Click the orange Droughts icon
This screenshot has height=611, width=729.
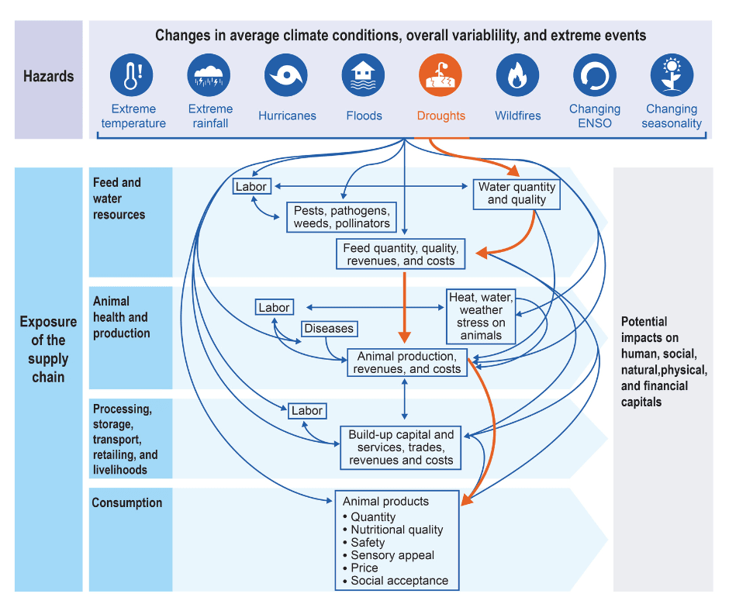coord(441,75)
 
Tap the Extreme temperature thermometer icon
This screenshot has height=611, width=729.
coord(132,75)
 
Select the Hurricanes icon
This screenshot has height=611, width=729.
coord(286,75)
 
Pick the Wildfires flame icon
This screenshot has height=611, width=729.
coord(517,75)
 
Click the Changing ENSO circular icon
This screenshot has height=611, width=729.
coord(595,75)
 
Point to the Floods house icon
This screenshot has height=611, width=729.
coord(364,75)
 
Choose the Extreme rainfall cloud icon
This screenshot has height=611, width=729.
coord(209,75)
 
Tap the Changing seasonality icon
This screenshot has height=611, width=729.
coord(672,75)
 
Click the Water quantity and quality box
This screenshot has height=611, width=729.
coord(517,194)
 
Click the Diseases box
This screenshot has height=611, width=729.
coord(329,329)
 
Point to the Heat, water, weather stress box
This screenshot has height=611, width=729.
coord(481,316)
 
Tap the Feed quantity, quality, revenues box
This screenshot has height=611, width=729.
coord(401,254)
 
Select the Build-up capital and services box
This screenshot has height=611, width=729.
coord(400,447)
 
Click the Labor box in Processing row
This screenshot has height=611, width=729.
coord(307,411)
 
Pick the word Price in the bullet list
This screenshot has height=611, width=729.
coord(364,568)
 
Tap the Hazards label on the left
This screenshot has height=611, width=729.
coord(48,77)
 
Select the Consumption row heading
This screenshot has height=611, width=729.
coord(127,502)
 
